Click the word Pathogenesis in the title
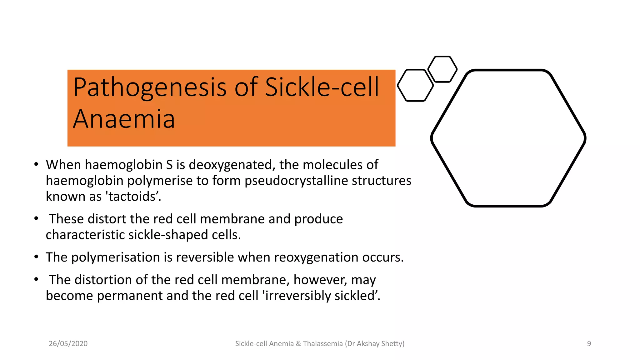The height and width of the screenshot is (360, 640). (150, 87)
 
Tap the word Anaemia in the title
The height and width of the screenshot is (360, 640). (124, 119)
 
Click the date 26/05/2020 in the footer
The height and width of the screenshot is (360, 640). (68, 344)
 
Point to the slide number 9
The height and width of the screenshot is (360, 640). (589, 344)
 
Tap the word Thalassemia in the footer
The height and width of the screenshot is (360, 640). (322, 344)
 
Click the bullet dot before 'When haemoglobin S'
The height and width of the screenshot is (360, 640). (36, 164)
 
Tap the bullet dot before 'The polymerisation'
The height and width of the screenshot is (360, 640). (36, 257)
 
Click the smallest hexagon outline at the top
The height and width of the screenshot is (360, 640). (442, 69)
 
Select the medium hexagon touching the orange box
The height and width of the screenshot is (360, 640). (415, 85)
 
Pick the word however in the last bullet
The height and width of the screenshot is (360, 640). (320, 280)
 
